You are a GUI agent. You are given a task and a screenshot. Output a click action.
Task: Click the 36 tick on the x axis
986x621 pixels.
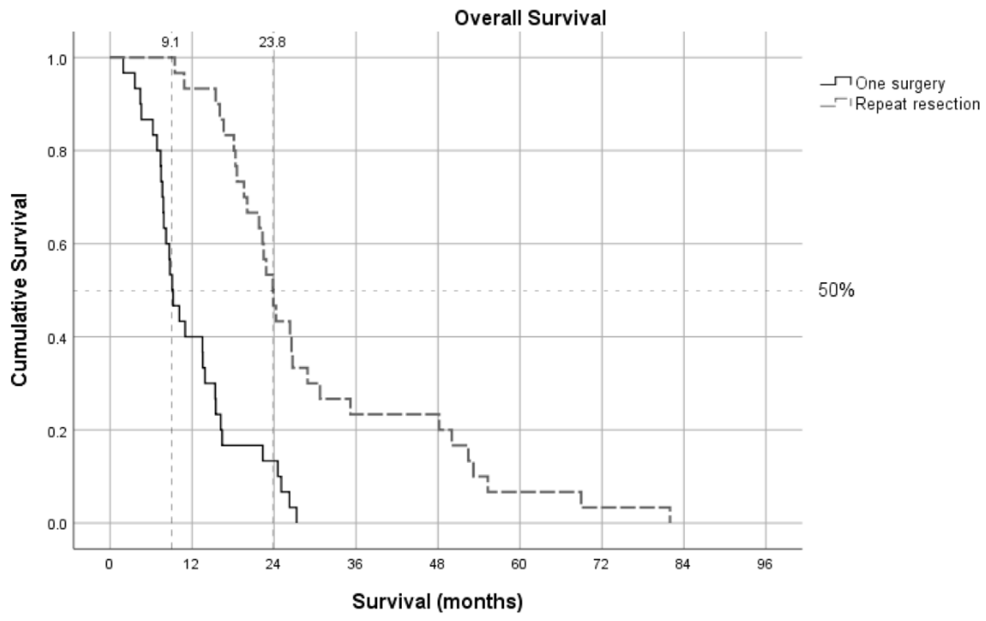[355, 565]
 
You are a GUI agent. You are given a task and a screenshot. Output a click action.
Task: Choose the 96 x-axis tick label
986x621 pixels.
[764, 565]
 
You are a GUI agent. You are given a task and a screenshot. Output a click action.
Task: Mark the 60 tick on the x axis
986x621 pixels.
[518, 565]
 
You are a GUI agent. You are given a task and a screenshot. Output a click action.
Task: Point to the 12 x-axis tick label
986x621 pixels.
[191, 565]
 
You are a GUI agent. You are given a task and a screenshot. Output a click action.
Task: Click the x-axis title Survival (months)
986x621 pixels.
[437, 601]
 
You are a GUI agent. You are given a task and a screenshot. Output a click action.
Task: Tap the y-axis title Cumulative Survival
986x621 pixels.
[19, 290]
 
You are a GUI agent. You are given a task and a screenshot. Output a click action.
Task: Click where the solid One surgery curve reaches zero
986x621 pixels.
[297, 523]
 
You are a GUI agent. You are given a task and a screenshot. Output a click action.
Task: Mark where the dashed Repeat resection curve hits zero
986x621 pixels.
[670, 523]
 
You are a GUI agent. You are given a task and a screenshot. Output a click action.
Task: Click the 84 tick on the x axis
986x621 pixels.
[683, 565]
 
